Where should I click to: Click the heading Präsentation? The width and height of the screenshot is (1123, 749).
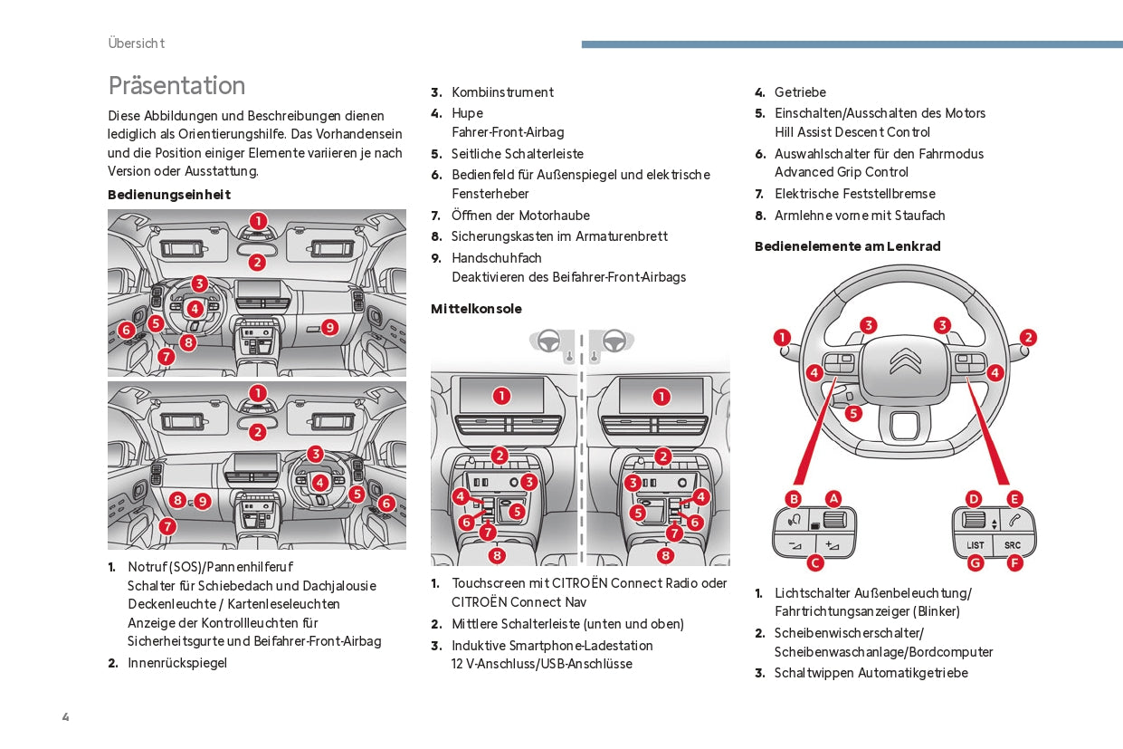click(x=176, y=85)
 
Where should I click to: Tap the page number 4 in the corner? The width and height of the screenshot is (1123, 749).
click(x=65, y=717)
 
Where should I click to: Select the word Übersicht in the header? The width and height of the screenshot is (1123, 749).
click(x=136, y=43)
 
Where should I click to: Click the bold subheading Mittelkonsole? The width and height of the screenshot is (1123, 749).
click(x=476, y=309)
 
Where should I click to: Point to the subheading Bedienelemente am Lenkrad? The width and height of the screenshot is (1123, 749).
click(x=847, y=246)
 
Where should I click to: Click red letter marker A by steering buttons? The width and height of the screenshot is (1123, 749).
click(x=833, y=498)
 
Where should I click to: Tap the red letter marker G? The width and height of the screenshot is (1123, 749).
click(x=975, y=562)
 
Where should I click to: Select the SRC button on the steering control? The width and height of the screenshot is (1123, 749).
click(x=1012, y=545)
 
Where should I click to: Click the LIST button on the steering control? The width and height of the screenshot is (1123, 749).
click(x=975, y=545)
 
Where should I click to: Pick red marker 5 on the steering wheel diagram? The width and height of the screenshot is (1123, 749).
click(x=853, y=413)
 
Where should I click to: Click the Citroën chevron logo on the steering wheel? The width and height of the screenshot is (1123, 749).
click(x=905, y=361)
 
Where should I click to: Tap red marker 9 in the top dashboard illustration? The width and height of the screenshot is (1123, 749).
click(x=329, y=327)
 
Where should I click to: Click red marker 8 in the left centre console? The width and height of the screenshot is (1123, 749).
click(x=497, y=555)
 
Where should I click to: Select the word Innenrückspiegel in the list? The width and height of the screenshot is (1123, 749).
click(x=177, y=663)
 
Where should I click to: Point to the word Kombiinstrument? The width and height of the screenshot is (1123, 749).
click(x=502, y=92)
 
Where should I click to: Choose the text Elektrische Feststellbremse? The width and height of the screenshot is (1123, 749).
click(x=854, y=194)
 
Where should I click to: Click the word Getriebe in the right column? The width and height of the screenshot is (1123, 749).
click(x=800, y=92)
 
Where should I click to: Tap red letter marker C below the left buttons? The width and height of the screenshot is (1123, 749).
click(x=814, y=562)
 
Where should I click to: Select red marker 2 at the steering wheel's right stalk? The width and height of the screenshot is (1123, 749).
click(x=1028, y=338)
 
